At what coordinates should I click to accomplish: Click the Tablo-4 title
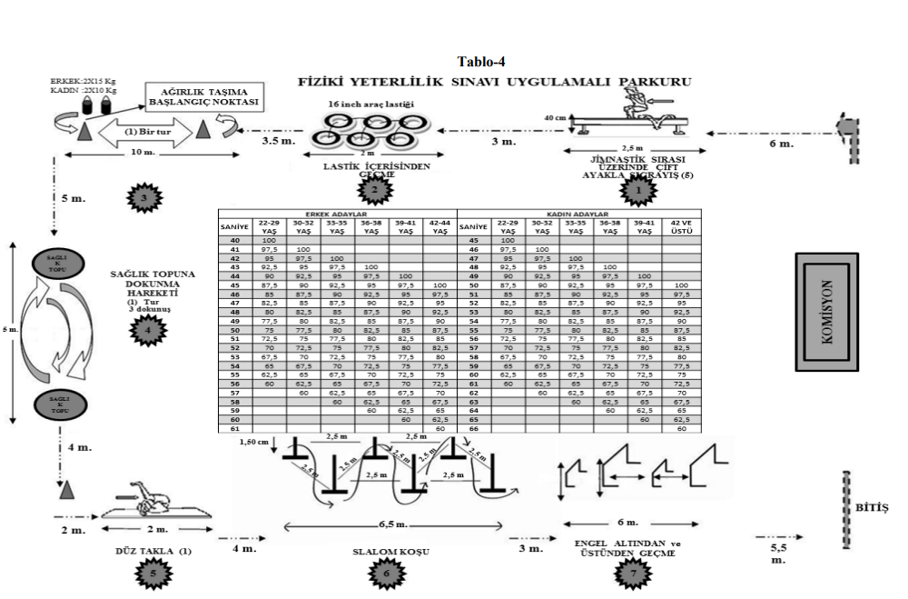(x=480, y=62)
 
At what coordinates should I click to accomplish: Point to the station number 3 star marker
(x=143, y=196)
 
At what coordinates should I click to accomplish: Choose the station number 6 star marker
(x=387, y=574)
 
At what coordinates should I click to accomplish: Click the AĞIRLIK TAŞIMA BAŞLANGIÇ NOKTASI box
(x=203, y=98)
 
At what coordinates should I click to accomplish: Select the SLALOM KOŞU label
(x=387, y=552)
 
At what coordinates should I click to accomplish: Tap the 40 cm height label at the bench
(x=556, y=117)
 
